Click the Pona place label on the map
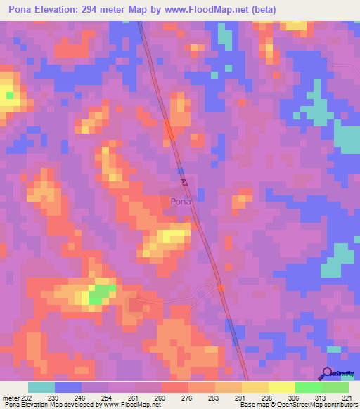click(180, 202)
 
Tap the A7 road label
click(184, 182)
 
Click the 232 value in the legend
click(27, 398)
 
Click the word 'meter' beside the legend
click(10, 398)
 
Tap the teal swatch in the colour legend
click(41, 387)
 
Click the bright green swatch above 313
click(309, 387)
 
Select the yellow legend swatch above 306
click(282, 387)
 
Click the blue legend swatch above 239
click(67, 387)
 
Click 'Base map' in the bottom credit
click(252, 405)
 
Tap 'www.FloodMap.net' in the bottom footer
click(129, 405)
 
